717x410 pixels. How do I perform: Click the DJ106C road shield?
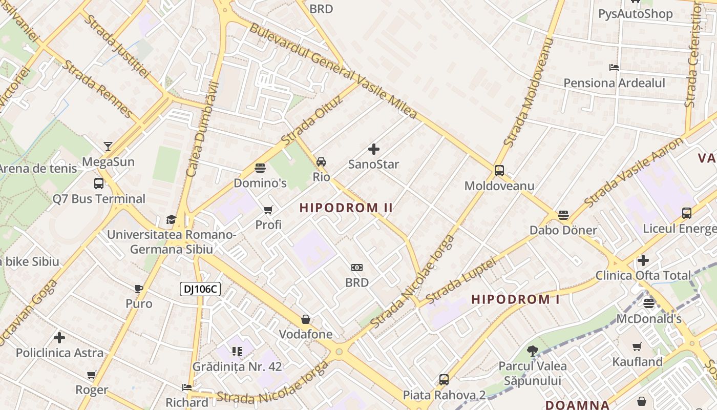200,289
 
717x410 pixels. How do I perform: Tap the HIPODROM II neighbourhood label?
346,208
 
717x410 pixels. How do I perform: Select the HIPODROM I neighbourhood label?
515,299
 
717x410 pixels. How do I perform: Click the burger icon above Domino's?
260,168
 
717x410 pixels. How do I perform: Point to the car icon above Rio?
321,162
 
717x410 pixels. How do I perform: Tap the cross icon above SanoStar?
374,149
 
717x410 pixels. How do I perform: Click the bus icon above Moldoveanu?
499,171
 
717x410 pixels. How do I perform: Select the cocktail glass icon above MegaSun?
108,147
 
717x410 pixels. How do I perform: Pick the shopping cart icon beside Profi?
268,210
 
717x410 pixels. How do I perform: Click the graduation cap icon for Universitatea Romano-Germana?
171,220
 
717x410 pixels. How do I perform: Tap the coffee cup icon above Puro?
139,289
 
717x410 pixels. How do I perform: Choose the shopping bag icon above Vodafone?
306,319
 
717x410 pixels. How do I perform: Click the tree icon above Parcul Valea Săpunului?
533,351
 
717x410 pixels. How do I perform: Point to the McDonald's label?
648,319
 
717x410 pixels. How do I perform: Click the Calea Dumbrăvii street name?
203,129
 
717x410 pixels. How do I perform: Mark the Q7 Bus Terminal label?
99,199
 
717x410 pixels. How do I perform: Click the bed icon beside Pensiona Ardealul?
614,68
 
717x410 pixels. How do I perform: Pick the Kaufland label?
638,362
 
